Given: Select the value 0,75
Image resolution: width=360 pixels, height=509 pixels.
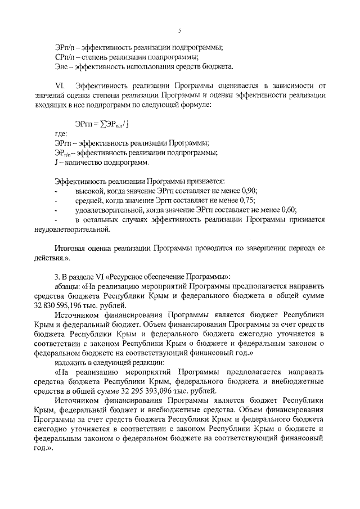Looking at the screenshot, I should (246, 200).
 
